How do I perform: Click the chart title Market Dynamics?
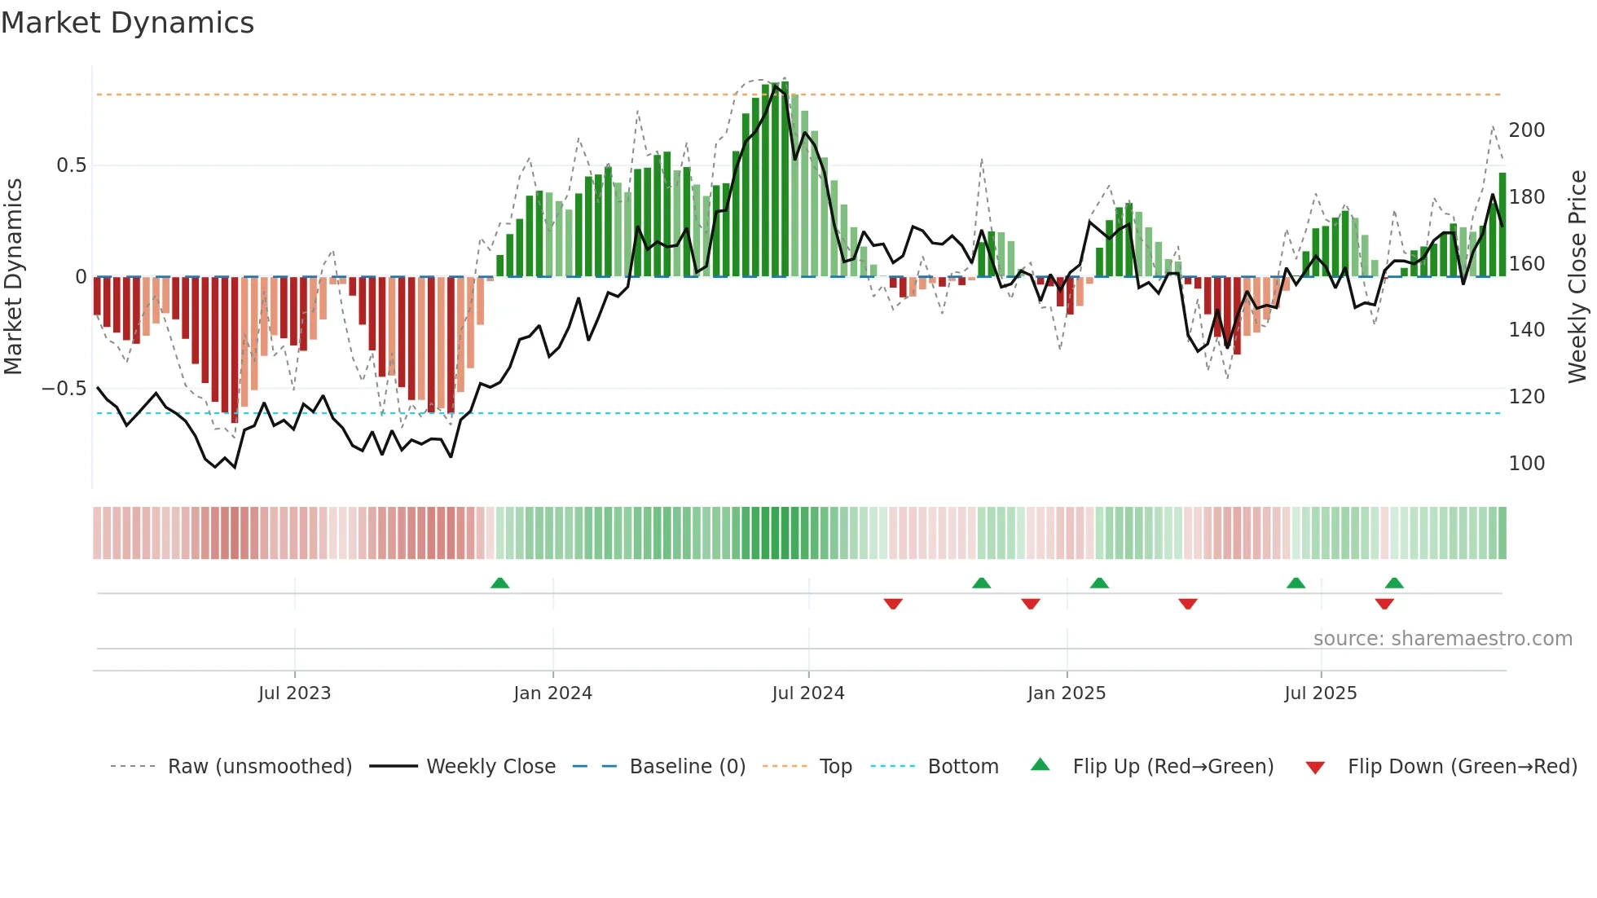(128, 23)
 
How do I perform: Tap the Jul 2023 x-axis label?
(294, 693)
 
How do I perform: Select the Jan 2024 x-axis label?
(552, 693)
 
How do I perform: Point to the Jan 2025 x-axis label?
(1066, 693)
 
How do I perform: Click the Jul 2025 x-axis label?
(1320, 693)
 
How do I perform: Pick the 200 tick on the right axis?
(1526, 130)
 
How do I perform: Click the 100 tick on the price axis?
(1526, 464)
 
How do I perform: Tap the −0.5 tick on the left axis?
(64, 389)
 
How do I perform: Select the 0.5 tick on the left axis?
(71, 165)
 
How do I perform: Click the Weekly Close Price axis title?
(1577, 277)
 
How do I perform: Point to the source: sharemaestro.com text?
(1442, 639)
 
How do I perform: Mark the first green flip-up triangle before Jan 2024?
(499, 583)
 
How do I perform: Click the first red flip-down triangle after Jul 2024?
(893, 604)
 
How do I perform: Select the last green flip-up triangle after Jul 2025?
(1394, 583)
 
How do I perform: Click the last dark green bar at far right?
(1502, 226)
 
